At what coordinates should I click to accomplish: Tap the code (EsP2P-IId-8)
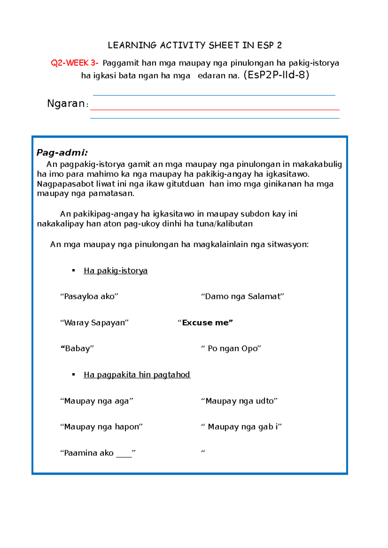(276, 75)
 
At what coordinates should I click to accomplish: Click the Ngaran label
(66, 104)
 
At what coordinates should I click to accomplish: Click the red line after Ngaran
(215, 110)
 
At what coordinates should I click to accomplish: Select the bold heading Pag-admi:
(62, 153)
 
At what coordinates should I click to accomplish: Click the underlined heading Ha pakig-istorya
(115, 271)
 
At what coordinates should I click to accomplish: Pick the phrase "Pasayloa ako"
(89, 297)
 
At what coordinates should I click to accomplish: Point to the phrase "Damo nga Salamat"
(242, 297)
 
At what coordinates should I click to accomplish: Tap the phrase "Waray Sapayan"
(94, 323)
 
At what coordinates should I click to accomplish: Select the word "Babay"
(77, 349)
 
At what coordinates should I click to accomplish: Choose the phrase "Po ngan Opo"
(231, 349)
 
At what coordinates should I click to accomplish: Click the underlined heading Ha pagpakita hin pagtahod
(137, 375)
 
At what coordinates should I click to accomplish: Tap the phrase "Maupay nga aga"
(97, 401)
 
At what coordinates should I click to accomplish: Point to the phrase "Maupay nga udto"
(239, 401)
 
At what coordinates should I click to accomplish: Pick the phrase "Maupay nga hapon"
(102, 427)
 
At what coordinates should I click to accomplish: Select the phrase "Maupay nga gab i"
(242, 427)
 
